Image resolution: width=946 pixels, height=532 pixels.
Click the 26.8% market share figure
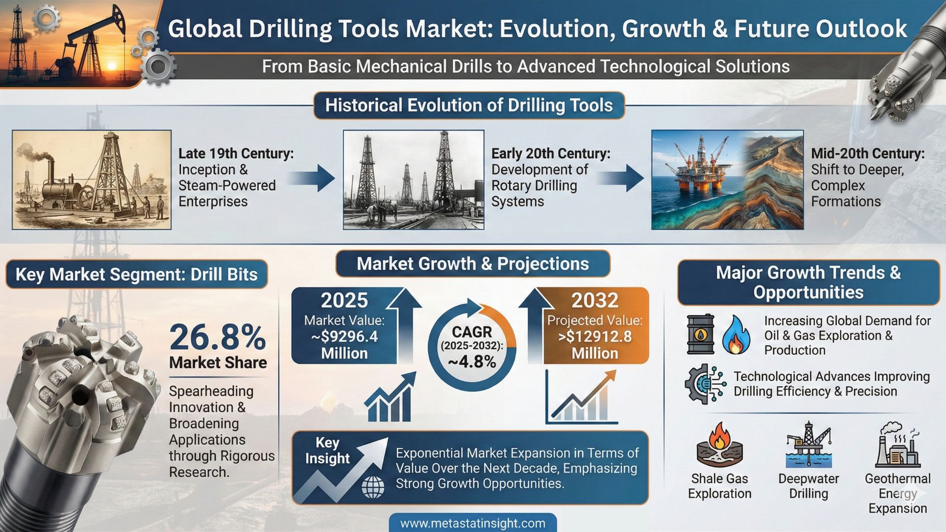click(217, 337)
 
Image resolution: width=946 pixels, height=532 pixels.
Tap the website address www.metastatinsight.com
click(473, 523)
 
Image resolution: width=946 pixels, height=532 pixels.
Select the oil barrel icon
click(700, 334)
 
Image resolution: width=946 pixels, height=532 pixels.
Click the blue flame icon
click(737, 335)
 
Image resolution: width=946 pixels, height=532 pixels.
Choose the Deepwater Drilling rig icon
click(809, 445)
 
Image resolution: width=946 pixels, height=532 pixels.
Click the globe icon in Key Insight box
click(373, 488)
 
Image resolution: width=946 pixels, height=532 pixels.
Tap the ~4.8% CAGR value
click(472, 362)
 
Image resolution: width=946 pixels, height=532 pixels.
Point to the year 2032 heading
click(595, 300)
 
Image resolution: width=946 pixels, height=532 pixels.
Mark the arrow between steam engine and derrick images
click(311, 178)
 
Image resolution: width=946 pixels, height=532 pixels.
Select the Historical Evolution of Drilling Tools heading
click(469, 105)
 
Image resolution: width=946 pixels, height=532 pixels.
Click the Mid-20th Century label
click(868, 154)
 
